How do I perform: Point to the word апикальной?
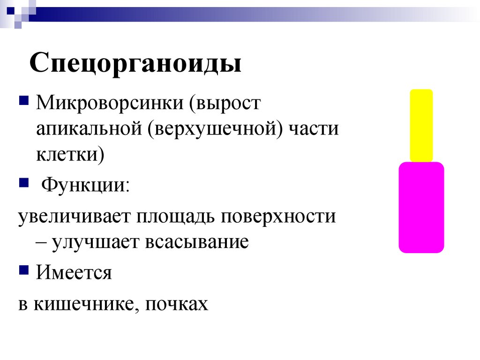(x=89, y=128)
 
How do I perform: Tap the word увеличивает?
(x=74, y=217)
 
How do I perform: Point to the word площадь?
(x=176, y=217)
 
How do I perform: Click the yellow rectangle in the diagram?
(x=421, y=125)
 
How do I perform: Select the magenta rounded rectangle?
(x=421, y=207)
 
